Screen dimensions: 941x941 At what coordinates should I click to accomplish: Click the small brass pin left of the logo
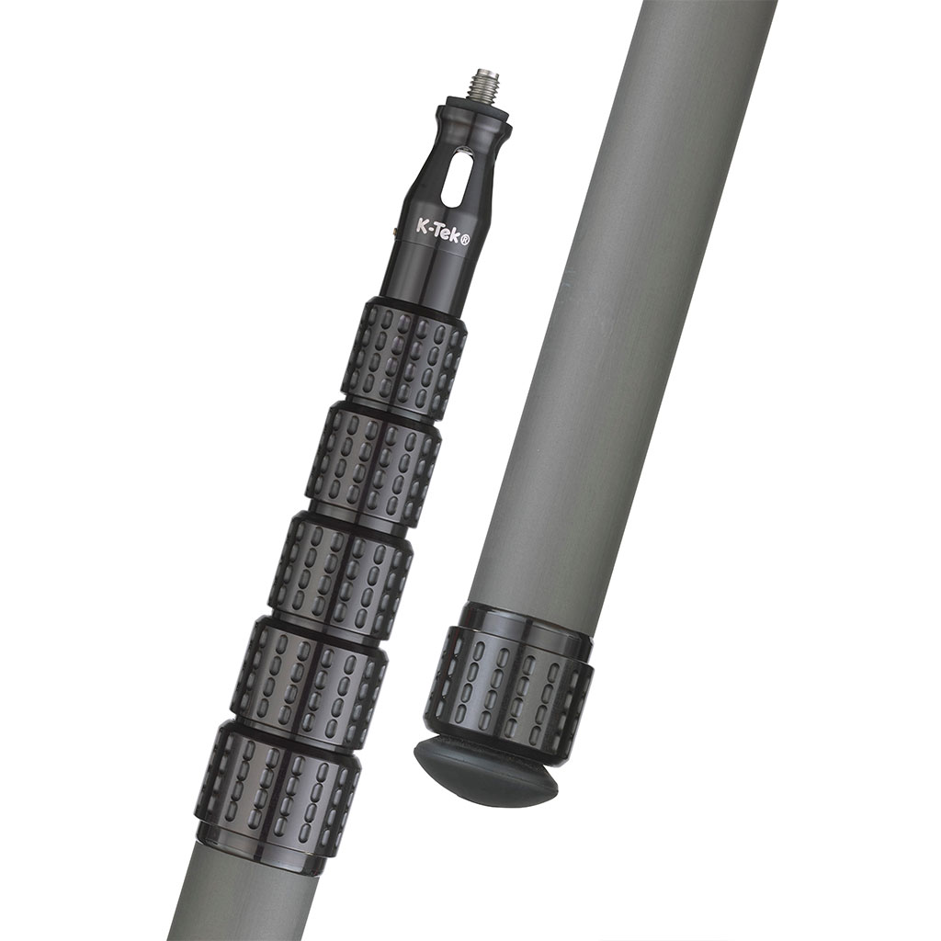coord(395,231)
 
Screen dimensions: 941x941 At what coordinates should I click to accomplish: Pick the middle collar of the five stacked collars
coord(340,575)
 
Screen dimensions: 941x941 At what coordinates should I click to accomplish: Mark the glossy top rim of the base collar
coord(528,621)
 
